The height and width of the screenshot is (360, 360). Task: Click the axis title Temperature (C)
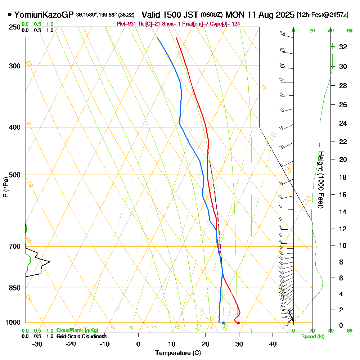coord(178,353)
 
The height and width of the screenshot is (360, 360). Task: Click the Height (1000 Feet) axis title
coord(321,179)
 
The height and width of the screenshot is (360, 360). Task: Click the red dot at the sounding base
coord(238,323)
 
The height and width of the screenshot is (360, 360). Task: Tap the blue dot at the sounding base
coord(223,323)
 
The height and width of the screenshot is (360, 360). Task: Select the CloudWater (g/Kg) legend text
coord(77,330)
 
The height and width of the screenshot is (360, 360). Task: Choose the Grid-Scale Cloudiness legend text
coord(81,336)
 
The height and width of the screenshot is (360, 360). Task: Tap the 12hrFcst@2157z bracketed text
coord(322,15)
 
